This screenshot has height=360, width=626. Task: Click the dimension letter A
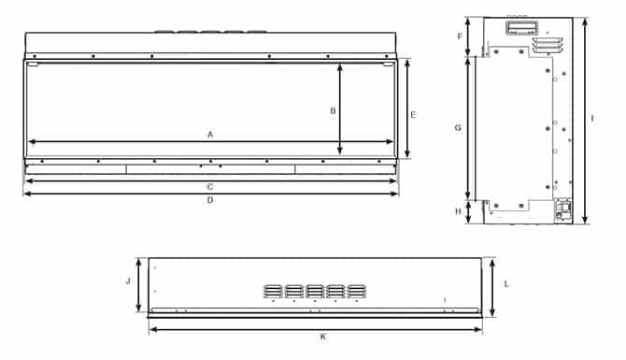(x=210, y=135)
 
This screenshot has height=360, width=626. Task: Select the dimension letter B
(x=333, y=110)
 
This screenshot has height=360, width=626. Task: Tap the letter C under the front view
(x=210, y=186)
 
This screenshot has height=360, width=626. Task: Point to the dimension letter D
(x=210, y=200)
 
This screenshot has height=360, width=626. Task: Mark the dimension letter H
(x=458, y=211)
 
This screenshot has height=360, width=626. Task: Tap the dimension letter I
(x=593, y=119)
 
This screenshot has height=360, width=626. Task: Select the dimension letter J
(x=128, y=280)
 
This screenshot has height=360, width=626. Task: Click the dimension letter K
(x=322, y=336)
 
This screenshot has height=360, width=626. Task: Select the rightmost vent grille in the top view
(x=356, y=292)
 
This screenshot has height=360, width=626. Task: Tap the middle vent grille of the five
(x=315, y=292)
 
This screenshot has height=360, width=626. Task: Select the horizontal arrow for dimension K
(x=316, y=328)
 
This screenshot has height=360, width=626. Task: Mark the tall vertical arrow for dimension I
(x=584, y=120)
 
